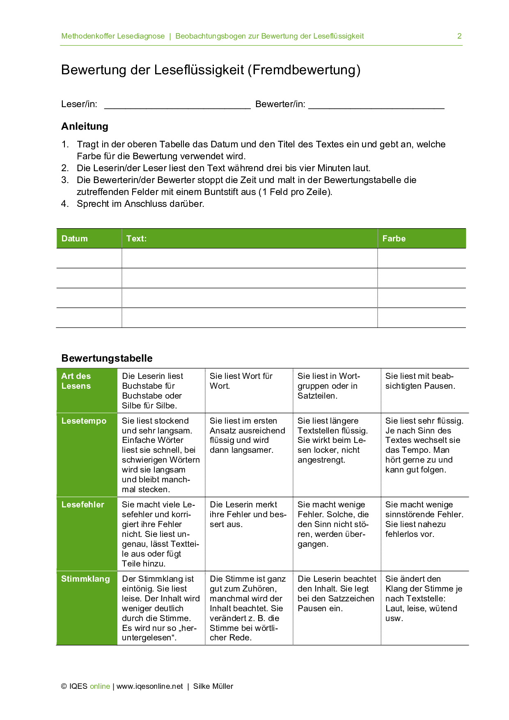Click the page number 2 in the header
[459, 36]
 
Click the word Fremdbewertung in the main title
[306, 70]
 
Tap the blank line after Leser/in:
[177, 105]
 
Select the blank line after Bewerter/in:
[376, 105]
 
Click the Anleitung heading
[85, 126]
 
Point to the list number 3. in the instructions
[65, 180]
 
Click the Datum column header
[75, 238]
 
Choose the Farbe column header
[394, 238]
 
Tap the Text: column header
[136, 238]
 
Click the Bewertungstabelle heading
[107, 358]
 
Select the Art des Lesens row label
[76, 381]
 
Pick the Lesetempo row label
[84, 421]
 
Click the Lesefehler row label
[83, 504]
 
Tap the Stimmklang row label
[85, 579]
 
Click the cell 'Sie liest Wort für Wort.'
[241, 381]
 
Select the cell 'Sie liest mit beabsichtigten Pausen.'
[420, 381]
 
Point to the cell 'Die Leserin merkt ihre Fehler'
[248, 514]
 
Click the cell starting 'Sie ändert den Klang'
[423, 598]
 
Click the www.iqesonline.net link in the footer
[149, 686]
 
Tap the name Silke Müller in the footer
[213, 686]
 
